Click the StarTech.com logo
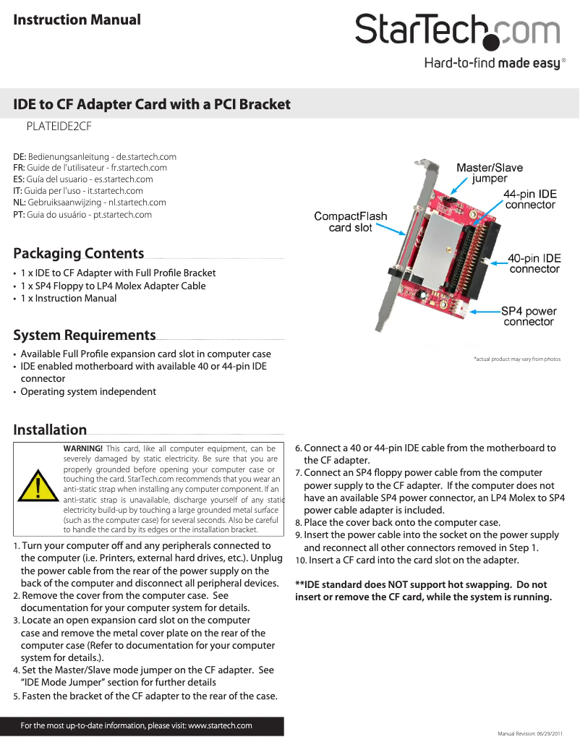[456, 31]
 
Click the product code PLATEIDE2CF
[59, 126]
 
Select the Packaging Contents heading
[79, 253]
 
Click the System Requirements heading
[85, 335]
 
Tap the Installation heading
[50, 430]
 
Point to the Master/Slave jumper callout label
[489, 173]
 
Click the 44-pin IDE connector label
[529, 200]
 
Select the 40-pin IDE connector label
[534, 263]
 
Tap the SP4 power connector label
[529, 316]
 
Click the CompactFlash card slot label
[350, 222]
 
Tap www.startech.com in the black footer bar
[220, 725]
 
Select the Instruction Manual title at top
[77, 20]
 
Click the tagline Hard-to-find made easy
[492, 64]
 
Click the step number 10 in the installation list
[301, 561]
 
